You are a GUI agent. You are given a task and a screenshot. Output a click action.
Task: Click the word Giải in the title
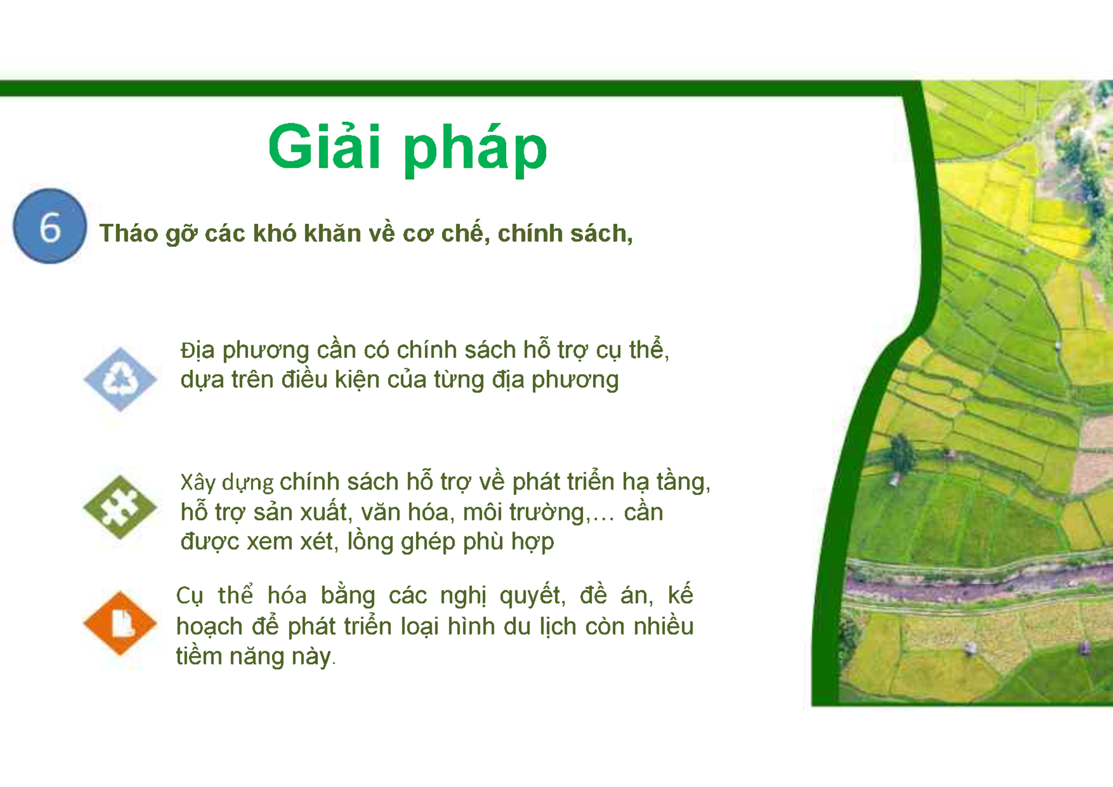(324, 148)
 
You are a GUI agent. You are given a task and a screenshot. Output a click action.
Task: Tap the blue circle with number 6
(50, 226)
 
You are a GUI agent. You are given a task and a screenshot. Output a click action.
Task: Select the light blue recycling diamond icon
(120, 379)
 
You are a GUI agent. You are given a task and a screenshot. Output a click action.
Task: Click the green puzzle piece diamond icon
(120, 507)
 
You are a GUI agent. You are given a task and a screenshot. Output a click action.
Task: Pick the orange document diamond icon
(120, 623)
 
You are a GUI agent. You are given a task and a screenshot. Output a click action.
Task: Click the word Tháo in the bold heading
(128, 233)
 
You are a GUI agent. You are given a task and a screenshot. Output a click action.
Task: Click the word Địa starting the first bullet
(197, 351)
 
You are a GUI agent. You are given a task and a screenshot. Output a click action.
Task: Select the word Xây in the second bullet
(198, 483)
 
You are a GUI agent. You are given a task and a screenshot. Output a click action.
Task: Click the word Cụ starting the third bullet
(190, 596)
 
